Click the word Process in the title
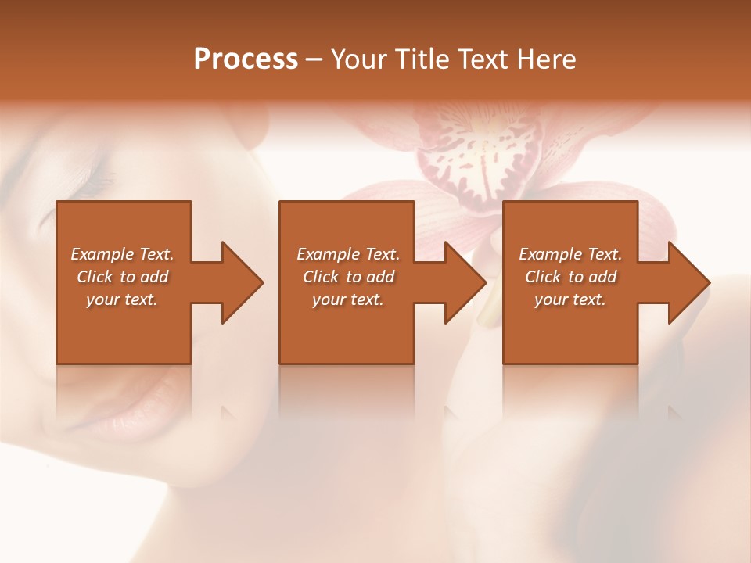coord(246,59)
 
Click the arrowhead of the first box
coord(238,282)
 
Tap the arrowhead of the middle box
coord(462,282)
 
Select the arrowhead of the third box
coord(685,282)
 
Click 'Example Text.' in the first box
coord(123,254)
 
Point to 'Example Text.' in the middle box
coord(348,254)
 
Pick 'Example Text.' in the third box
coord(570,254)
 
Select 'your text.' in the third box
coord(570,299)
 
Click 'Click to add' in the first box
coord(123,277)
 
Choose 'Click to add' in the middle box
coord(348,277)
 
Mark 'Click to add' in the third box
coord(570,277)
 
